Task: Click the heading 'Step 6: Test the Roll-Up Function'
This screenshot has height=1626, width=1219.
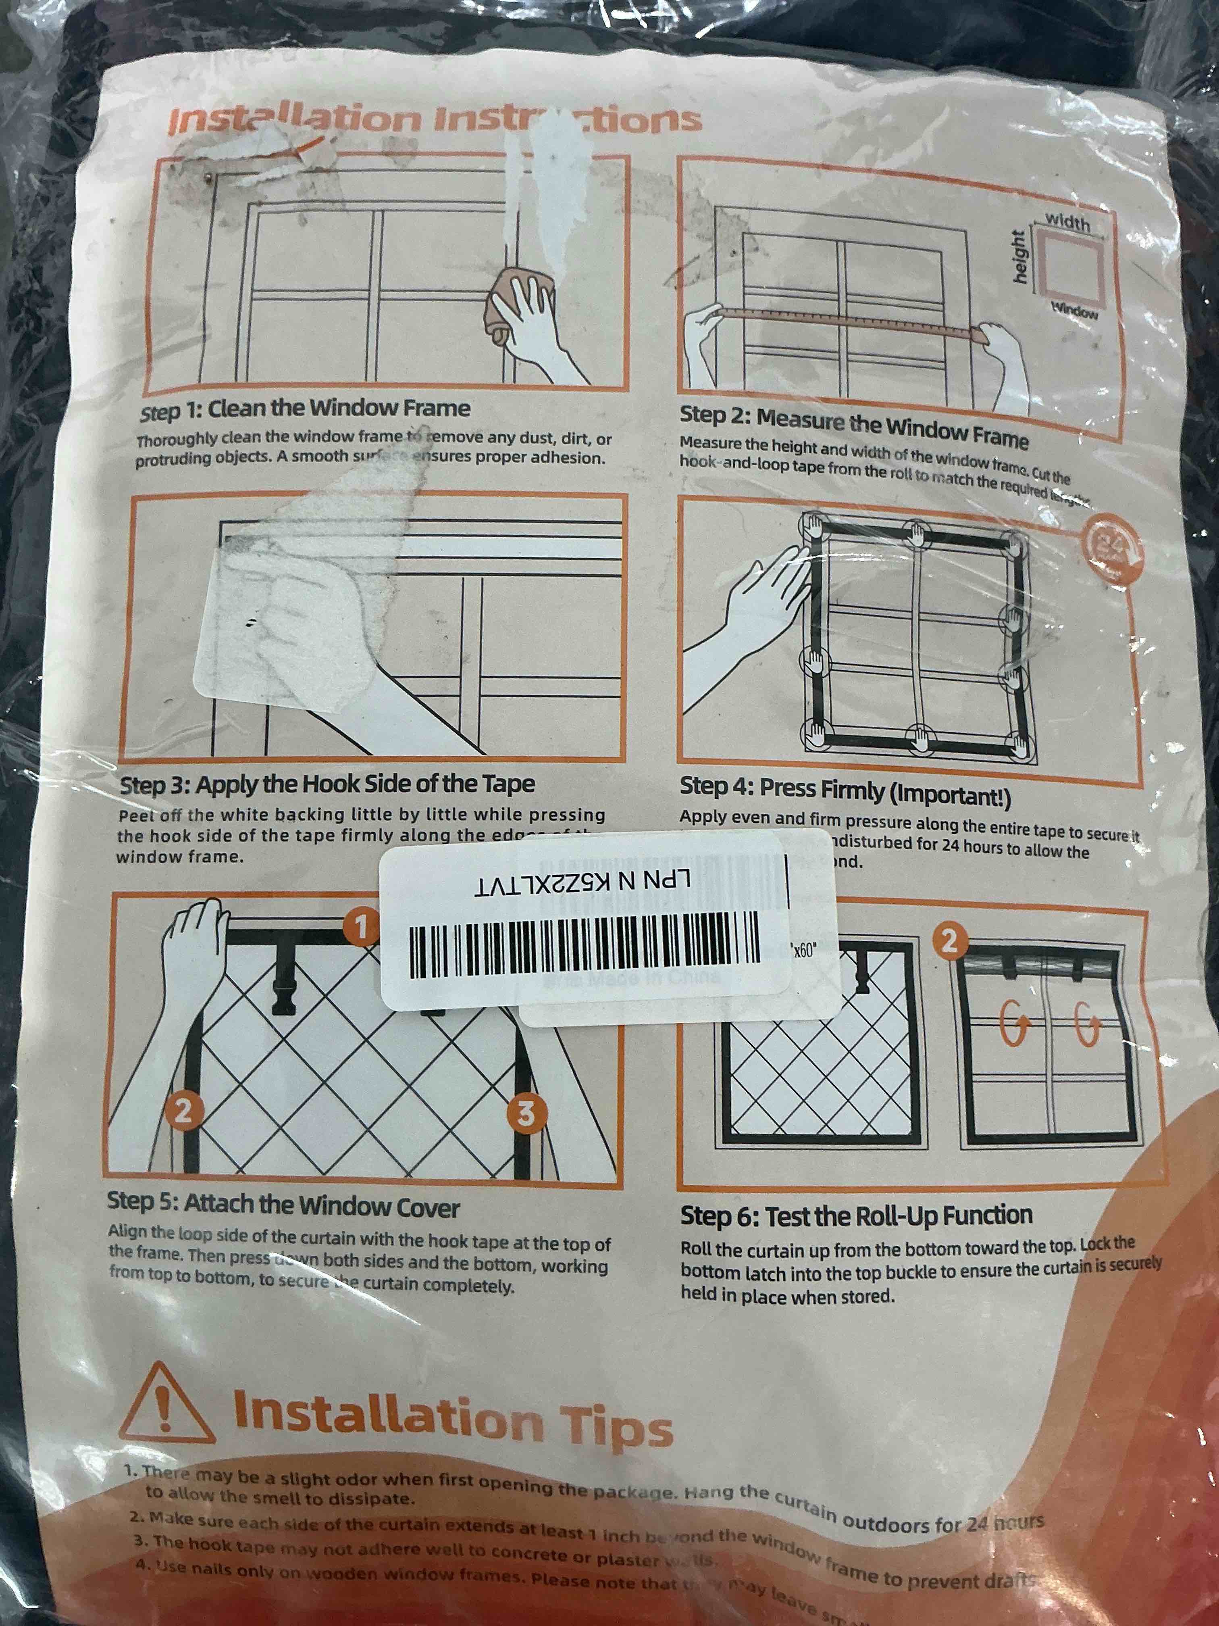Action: point(856,1216)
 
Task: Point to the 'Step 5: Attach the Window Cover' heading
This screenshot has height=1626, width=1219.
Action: point(284,1205)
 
